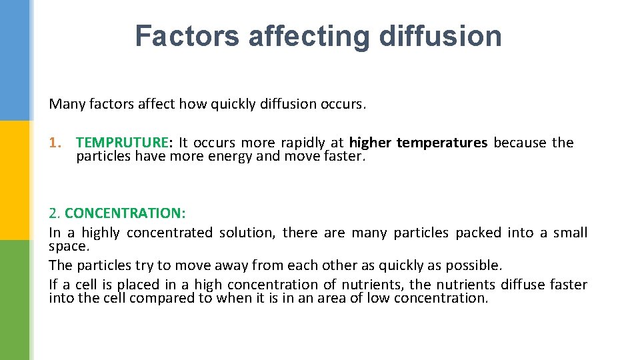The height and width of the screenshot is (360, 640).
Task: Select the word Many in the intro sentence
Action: tap(64, 104)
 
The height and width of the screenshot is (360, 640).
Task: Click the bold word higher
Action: tap(370, 143)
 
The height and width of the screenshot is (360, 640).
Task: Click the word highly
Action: tap(101, 233)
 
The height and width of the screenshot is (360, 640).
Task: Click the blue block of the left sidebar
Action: tap(14, 60)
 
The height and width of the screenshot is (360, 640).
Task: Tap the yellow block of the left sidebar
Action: tap(14, 180)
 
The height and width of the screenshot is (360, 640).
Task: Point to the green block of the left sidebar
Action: tap(14, 300)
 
